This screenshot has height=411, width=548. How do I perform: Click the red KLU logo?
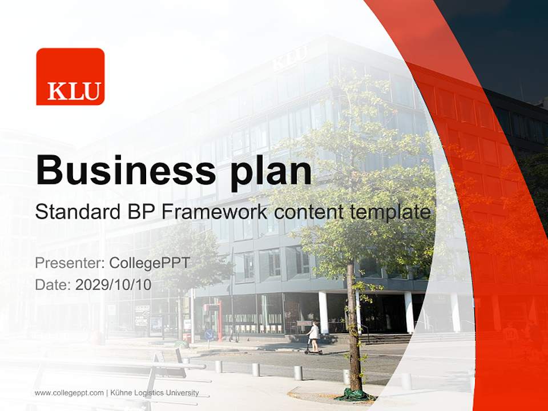pos(70,76)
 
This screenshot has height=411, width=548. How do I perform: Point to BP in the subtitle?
pos(139,212)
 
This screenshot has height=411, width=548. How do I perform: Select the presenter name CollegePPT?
pos(150,263)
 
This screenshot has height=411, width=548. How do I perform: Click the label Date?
pos(54,285)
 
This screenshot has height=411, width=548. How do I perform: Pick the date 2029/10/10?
pos(114,285)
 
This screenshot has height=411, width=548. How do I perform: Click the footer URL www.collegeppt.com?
pos(69,393)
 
